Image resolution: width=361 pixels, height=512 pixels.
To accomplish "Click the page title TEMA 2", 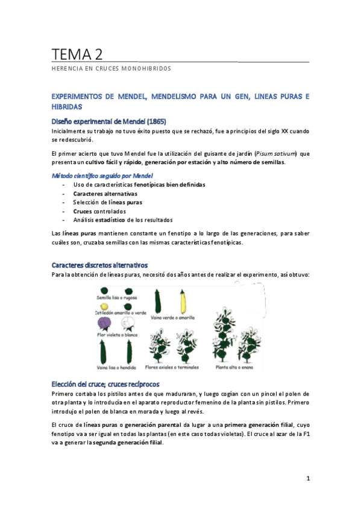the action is pyautogui.click(x=77, y=55).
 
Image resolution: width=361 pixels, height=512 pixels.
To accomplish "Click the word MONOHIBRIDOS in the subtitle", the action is pyautogui.click(x=142, y=69).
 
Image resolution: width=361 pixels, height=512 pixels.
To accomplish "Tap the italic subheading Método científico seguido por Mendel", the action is pyautogui.click(x=98, y=175).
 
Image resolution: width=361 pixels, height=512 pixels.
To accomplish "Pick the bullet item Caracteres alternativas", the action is pyautogui.click(x=105, y=193).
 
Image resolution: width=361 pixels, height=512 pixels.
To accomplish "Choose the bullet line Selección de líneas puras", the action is pyautogui.click(x=107, y=202).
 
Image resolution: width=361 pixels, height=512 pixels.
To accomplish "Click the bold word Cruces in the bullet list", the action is pyautogui.click(x=81, y=211).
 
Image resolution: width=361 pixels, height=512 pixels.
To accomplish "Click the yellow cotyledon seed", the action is pyautogui.click(x=103, y=306).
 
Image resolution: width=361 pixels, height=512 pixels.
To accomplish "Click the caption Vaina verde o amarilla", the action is pyautogui.click(x=172, y=318).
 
